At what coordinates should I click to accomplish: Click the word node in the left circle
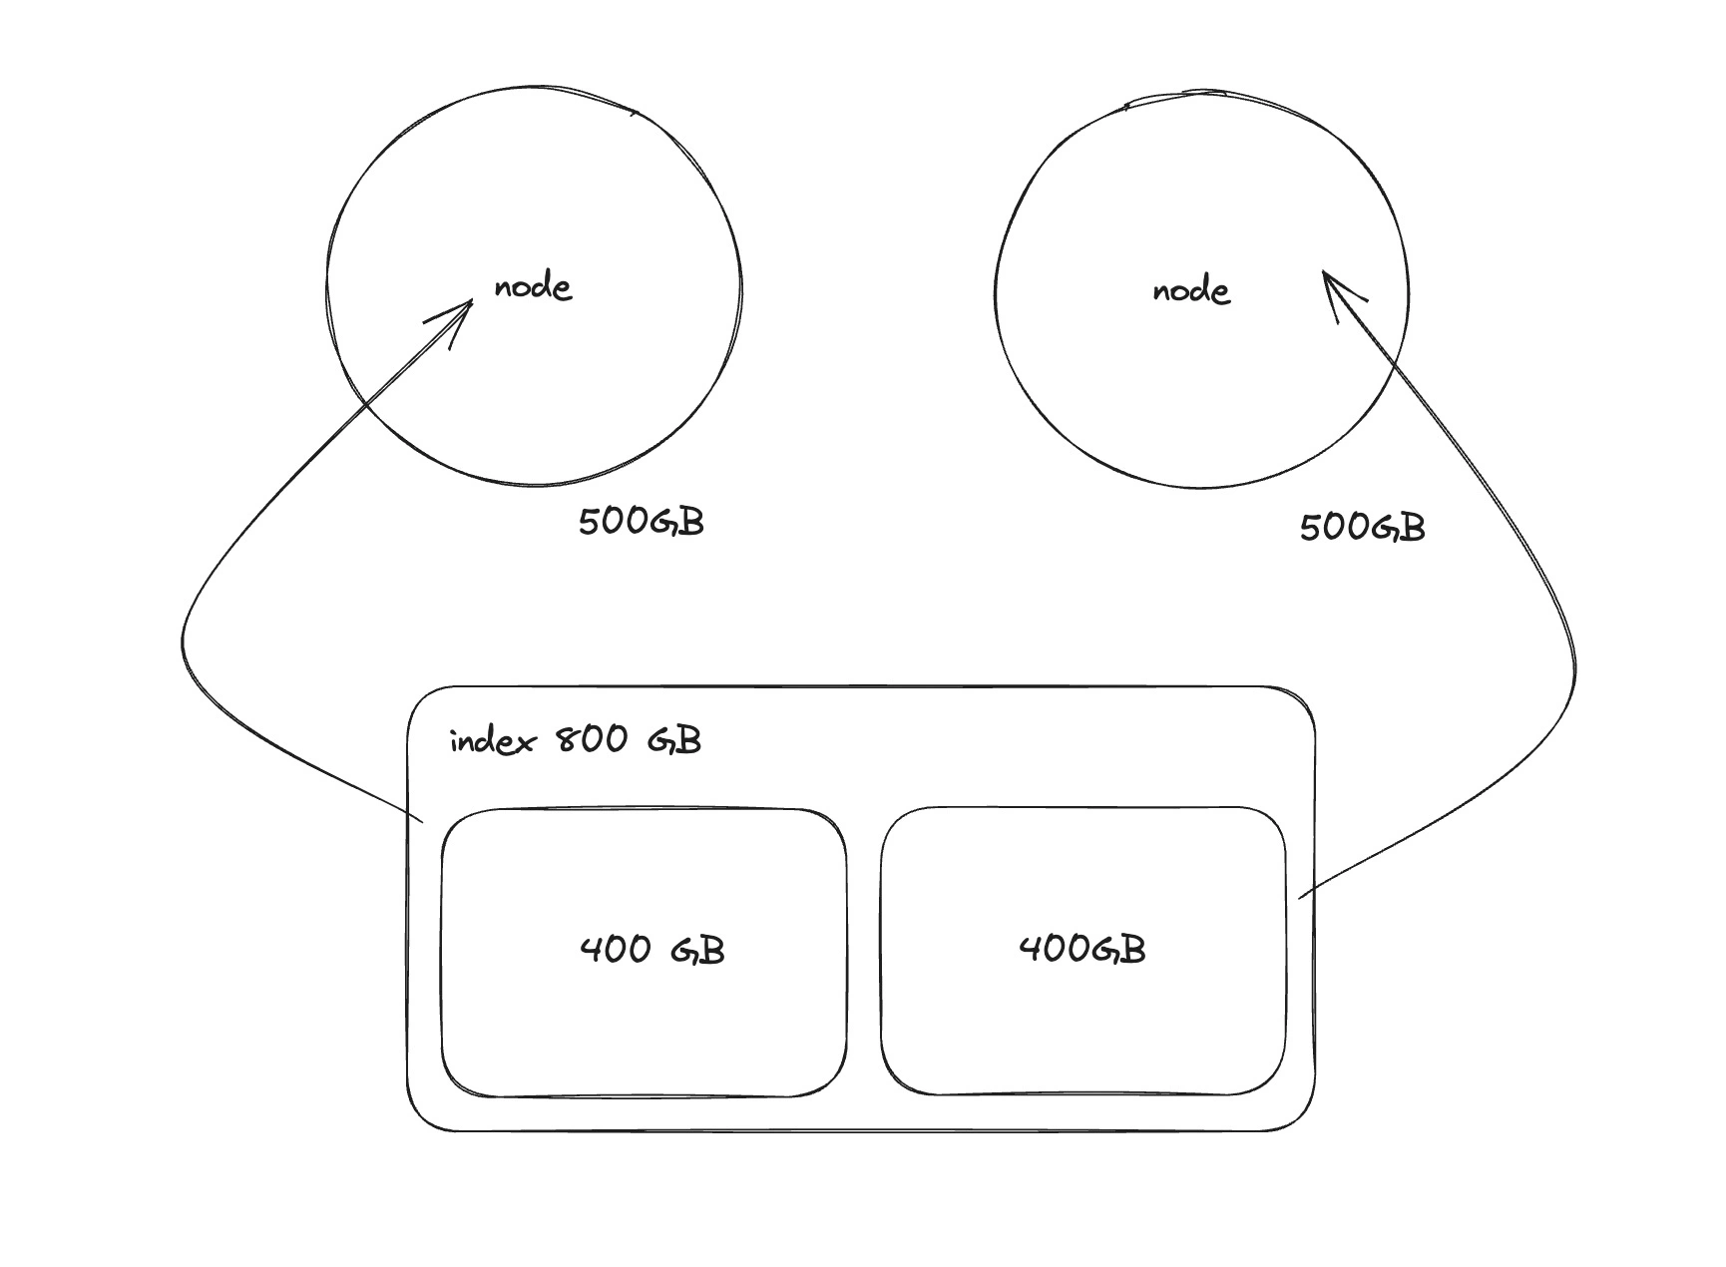click(533, 288)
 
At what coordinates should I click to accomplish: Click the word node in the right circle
click(1191, 291)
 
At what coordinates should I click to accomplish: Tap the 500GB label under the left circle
click(641, 522)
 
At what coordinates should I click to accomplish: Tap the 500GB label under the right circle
click(1362, 527)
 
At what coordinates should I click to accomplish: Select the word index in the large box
click(493, 741)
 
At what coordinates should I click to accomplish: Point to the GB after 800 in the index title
click(674, 740)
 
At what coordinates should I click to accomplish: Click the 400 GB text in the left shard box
click(651, 949)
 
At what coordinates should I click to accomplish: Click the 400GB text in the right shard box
click(1082, 948)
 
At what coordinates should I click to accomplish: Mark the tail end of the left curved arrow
click(423, 822)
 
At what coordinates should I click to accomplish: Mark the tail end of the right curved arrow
click(1299, 898)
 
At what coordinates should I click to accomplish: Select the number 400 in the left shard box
click(616, 949)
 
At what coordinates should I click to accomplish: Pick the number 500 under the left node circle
click(614, 522)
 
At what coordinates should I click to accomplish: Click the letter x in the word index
click(525, 743)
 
